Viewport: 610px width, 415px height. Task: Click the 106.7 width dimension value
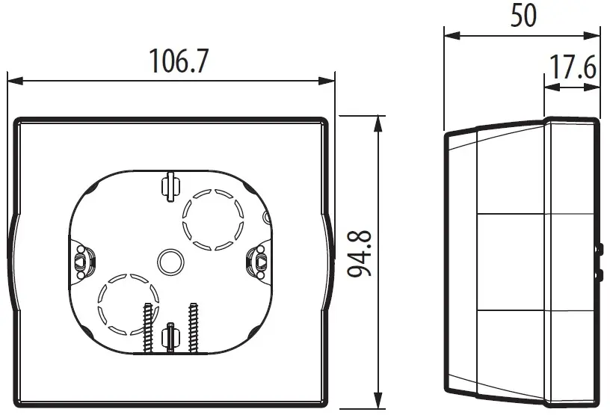pyautogui.click(x=178, y=61)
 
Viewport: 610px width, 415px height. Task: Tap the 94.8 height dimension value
pyautogui.click(x=363, y=253)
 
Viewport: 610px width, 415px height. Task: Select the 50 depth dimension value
pyautogui.click(x=523, y=16)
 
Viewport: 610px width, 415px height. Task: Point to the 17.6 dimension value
pyautogui.click(x=573, y=69)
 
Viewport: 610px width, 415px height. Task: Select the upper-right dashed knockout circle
pyautogui.click(x=214, y=218)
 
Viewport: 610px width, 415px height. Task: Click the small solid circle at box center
pyautogui.click(x=170, y=261)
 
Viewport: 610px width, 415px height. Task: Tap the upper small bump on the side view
pyautogui.click(x=600, y=248)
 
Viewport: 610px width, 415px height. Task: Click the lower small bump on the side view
pyautogui.click(x=600, y=274)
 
